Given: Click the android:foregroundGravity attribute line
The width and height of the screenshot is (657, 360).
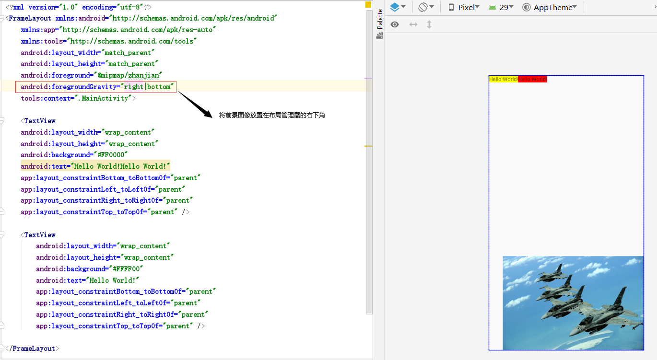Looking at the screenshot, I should click(96, 87).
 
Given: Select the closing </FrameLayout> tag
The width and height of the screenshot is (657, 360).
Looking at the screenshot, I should click(32, 348).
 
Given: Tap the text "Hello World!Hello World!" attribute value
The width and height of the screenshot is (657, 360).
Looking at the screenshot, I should click(120, 166).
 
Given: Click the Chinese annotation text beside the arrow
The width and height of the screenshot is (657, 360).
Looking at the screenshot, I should click(272, 115).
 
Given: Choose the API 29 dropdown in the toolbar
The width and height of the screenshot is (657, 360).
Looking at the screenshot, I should click(501, 7).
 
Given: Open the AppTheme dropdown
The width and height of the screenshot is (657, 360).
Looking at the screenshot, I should click(550, 7).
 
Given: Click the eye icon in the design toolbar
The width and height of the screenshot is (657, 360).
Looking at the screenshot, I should click(395, 24).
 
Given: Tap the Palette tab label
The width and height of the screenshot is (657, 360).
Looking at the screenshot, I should click(380, 20).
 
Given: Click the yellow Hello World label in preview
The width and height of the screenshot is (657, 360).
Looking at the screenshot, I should click(503, 79).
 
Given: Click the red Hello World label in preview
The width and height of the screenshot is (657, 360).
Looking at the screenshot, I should click(532, 79).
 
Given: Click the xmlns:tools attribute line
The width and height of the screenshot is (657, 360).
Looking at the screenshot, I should click(109, 41).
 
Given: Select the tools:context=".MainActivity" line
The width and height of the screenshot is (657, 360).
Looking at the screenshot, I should click(78, 98).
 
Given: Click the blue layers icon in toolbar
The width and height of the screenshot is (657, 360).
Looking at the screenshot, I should click(395, 7).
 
